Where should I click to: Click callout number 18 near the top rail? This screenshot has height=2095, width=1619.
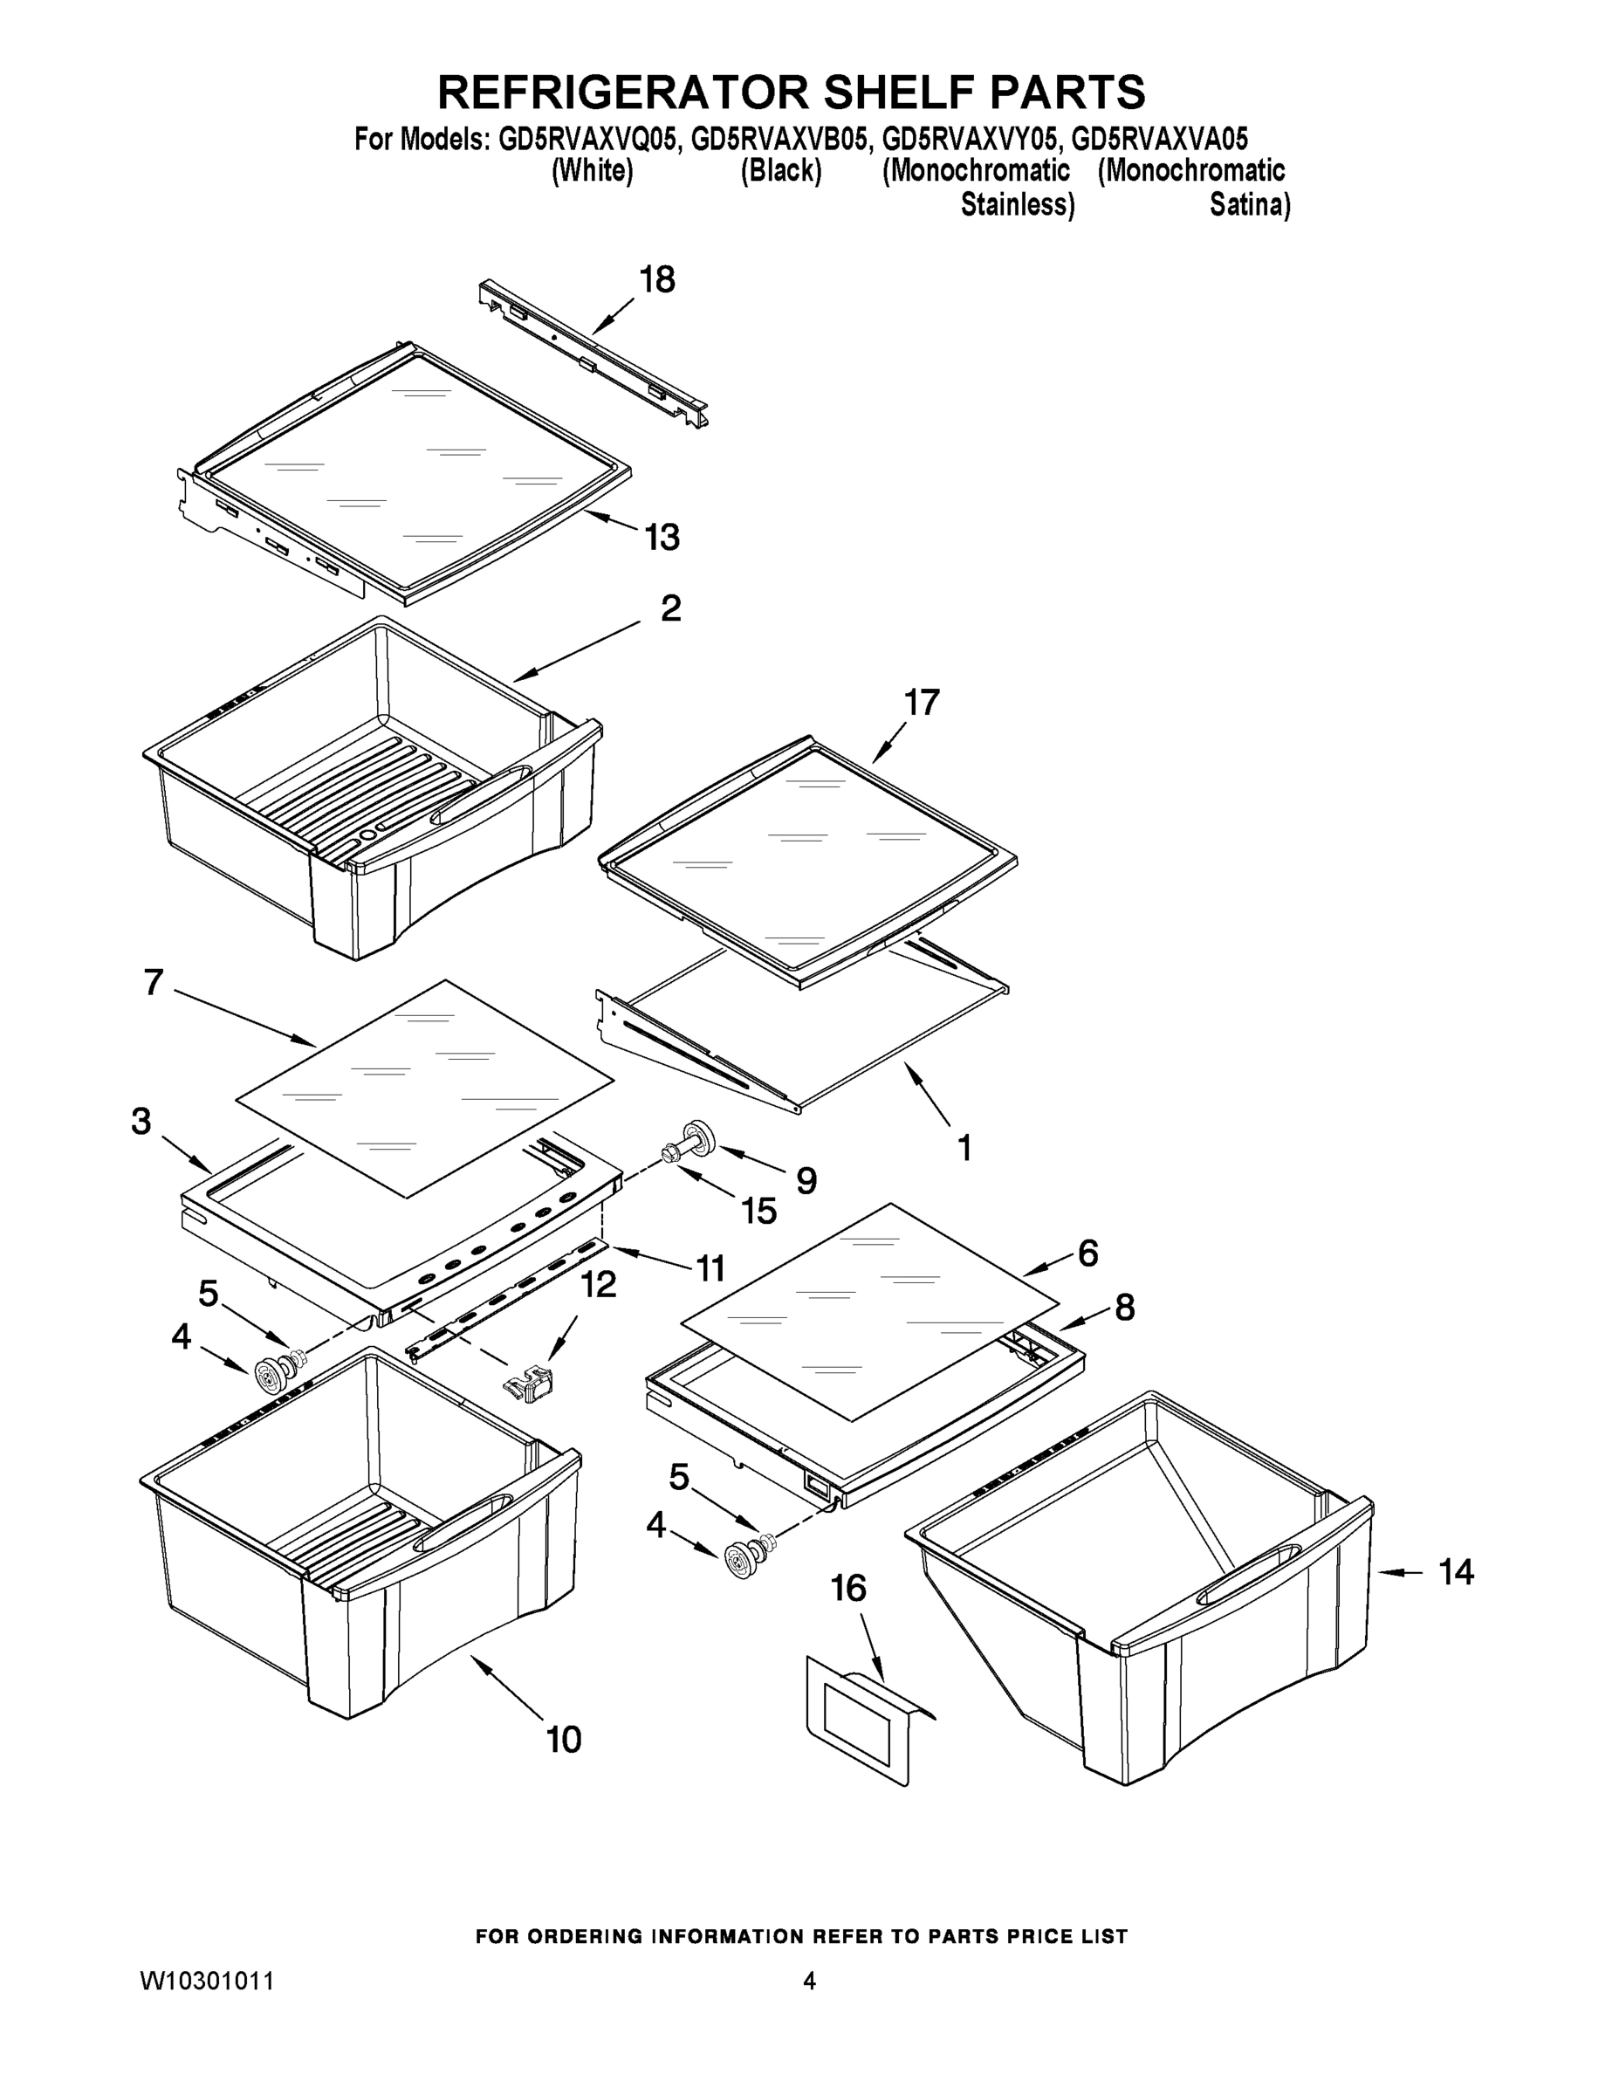657,280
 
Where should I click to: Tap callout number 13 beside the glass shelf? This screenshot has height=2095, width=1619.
662,537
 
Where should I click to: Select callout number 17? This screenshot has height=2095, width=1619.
922,703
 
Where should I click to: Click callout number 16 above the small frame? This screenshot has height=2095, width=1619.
847,1589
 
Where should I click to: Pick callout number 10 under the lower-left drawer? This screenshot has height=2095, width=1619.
564,1739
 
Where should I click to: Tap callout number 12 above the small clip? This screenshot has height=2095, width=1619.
599,1284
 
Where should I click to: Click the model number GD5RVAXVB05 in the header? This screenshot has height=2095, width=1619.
779,140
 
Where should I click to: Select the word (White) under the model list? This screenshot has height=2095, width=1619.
592,172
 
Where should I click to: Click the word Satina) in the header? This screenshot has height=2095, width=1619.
1249,204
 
